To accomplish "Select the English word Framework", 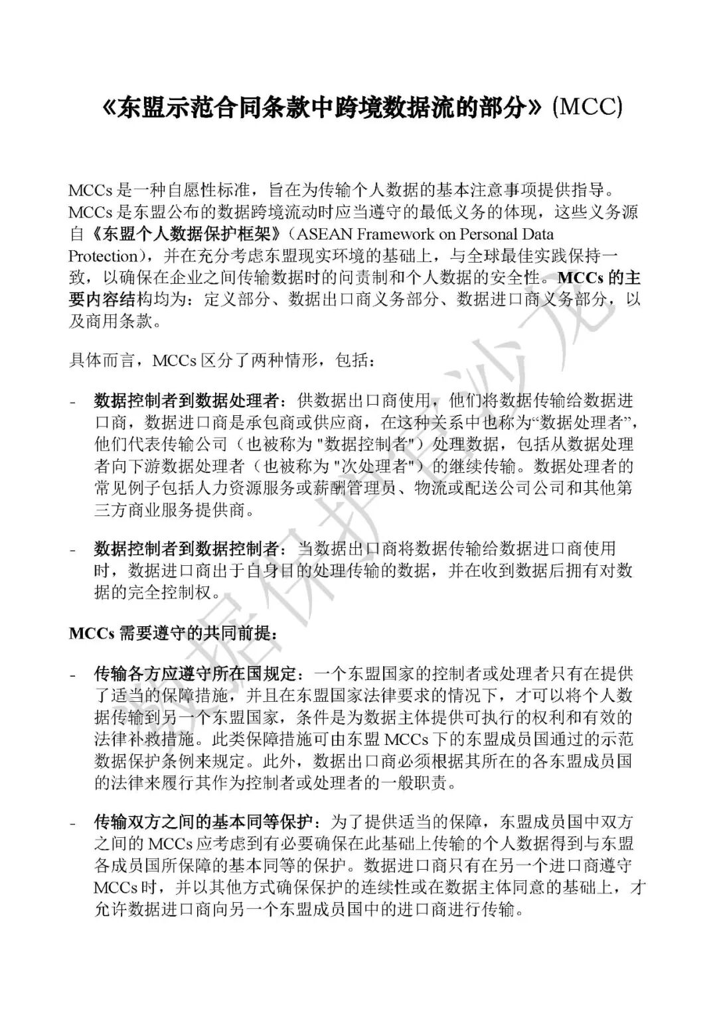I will pos(398,234).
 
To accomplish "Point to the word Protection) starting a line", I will pos(104,256).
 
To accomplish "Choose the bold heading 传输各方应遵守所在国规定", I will pos(195,675).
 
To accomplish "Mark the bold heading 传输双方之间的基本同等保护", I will pos(203,823).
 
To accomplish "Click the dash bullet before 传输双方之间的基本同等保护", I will pos(73,823).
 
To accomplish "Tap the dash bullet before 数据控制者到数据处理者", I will pos(73,401).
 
